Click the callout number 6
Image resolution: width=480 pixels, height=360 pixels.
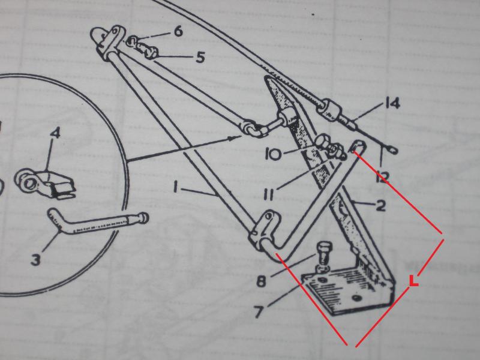point(178,31)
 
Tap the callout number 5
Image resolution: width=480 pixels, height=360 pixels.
point(200,57)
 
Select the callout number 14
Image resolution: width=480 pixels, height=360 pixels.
point(392,103)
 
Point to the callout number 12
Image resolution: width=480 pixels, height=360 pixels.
point(382,177)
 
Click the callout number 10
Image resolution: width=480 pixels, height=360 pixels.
point(274,154)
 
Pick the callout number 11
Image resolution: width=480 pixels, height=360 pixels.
point(268,194)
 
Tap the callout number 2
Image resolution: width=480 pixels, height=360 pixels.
point(380,206)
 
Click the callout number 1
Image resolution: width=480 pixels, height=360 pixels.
point(175,187)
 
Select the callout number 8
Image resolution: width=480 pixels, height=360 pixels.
point(261,281)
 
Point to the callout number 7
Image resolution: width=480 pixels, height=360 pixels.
point(259,312)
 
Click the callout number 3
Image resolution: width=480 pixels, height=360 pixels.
point(35,260)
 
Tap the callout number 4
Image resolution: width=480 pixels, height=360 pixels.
point(55,133)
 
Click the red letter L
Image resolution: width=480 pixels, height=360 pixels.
point(413,281)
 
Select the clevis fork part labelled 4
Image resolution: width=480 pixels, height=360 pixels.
point(45,185)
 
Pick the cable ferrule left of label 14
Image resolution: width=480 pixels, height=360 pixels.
point(328,108)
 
